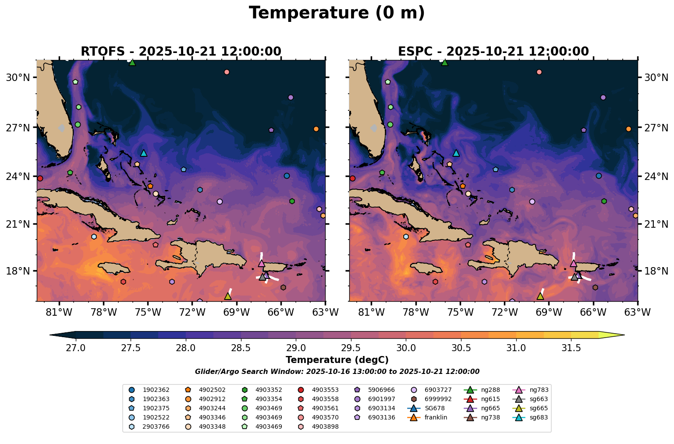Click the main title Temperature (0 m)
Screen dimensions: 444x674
coord(337,13)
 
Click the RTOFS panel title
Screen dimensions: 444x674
coord(181,52)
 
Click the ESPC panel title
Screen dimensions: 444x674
coord(493,52)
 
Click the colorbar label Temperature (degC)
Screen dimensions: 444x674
coord(337,360)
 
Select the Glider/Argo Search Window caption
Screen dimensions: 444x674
coord(337,371)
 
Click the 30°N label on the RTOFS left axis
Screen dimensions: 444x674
coord(18,78)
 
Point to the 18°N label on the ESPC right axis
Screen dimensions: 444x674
coord(656,271)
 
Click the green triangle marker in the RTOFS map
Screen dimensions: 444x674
coord(132,63)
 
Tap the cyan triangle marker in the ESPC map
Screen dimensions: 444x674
coord(456,153)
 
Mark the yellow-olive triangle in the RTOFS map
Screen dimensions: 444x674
coord(227,296)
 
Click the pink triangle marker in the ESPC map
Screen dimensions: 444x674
coord(573,263)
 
